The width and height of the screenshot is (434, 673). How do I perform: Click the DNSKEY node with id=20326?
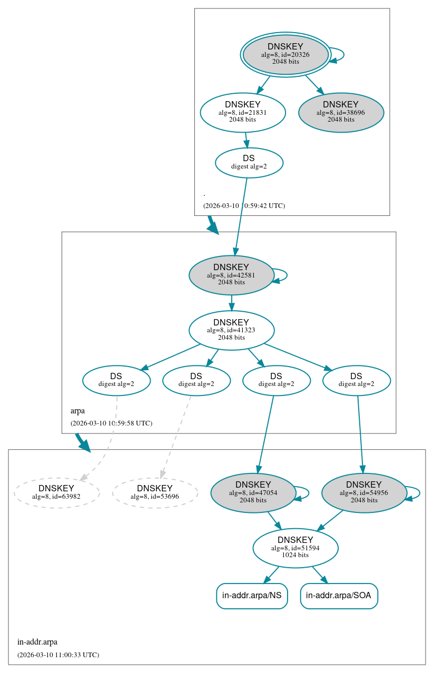coord(285,54)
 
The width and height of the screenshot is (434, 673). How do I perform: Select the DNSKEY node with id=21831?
coord(242,112)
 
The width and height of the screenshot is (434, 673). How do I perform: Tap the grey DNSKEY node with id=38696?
coord(340,112)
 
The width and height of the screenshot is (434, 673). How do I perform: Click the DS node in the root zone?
coord(249,162)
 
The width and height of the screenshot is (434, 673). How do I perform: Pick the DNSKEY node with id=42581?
coord(231,275)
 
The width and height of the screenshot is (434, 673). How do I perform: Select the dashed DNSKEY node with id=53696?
coord(154,492)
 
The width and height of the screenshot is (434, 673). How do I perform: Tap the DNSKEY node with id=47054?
coord(253,492)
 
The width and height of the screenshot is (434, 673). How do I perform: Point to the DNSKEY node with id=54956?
coord(363,492)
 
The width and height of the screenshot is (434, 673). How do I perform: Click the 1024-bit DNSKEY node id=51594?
coord(295,548)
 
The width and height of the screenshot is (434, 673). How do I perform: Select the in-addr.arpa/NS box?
coord(252,596)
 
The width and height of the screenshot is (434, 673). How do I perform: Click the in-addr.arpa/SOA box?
coord(339,596)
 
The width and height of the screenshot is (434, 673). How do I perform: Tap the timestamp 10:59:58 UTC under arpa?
coord(111,423)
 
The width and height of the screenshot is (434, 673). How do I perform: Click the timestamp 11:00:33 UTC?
coord(58,655)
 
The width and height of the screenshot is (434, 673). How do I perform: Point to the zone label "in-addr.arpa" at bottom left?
coord(37,642)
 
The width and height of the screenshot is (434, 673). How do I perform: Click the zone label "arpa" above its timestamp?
coord(77,411)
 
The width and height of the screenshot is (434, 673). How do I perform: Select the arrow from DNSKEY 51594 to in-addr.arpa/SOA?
coord(320,575)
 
